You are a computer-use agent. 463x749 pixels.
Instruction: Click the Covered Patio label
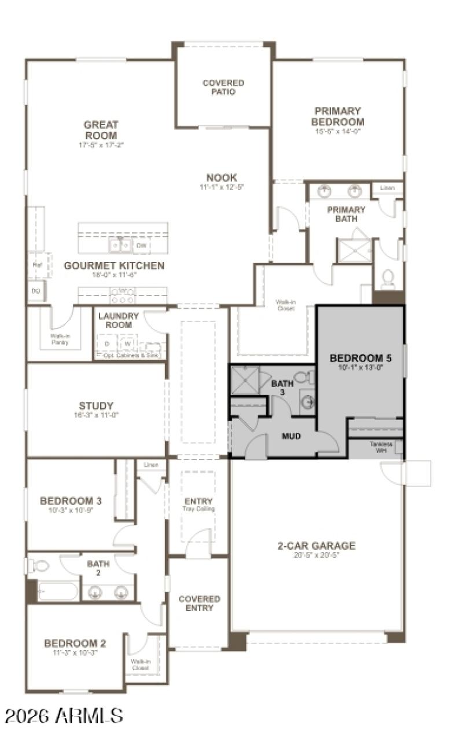pos(223,87)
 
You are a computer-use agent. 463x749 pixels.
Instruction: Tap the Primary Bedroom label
pos(337,116)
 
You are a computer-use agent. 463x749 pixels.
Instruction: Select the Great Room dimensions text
pos(101,145)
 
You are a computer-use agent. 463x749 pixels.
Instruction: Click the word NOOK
pos(222,177)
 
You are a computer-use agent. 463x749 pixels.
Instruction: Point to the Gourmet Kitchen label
pos(113,266)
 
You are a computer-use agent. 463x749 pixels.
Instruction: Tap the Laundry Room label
pos(118,320)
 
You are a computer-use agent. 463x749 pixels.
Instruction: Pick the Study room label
pos(96,405)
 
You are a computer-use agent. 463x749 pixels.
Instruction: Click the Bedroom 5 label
pos(360,358)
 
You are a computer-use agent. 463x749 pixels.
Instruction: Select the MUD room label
pos(291,436)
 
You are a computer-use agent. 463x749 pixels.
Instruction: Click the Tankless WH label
pos(380,447)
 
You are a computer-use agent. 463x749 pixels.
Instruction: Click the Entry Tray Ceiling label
pos(199,505)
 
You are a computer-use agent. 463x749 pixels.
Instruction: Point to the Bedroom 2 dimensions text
pos(75,652)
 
